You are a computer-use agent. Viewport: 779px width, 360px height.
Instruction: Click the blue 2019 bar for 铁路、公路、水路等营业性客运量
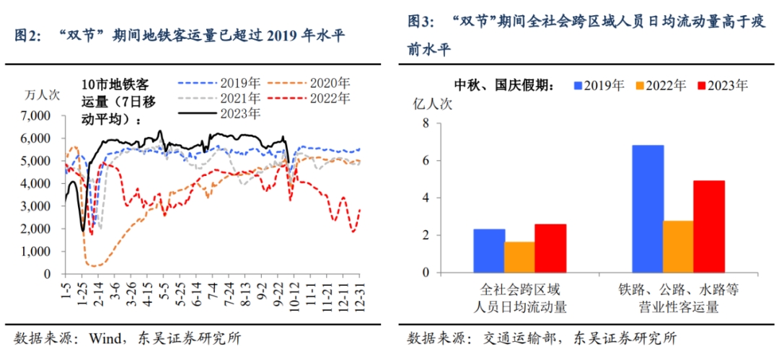(648, 208)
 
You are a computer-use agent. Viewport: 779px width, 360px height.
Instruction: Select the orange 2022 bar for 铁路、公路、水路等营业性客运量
(678, 247)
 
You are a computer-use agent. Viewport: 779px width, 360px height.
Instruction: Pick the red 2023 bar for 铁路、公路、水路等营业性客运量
(709, 227)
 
